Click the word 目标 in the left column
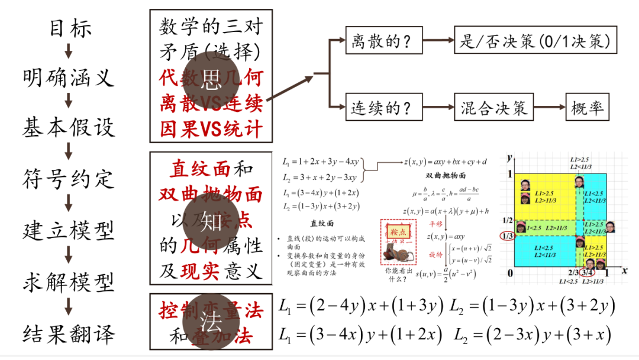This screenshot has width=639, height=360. tap(70, 27)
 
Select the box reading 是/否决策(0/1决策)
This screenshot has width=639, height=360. tap(535, 42)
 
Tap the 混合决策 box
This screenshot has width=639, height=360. tap(494, 108)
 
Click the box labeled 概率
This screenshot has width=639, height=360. tap(587, 108)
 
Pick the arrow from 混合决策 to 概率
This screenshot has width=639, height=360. tap(550, 108)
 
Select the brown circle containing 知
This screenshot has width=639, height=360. tap(211, 222)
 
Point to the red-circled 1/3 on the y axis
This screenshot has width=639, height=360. tap(506, 236)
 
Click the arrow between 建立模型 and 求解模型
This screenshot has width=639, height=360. tap(69, 256)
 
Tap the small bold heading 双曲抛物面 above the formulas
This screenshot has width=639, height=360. tap(446, 176)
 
